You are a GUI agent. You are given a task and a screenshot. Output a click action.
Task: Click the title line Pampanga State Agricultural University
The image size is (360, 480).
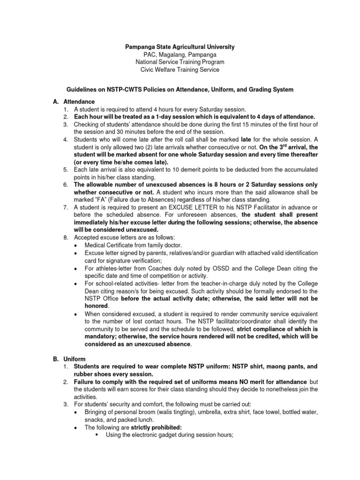tap(180, 47)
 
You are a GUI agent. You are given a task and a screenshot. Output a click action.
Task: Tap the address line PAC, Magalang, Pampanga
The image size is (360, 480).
tap(180, 55)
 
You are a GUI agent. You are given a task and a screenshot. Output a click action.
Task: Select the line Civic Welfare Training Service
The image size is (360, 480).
tap(180, 70)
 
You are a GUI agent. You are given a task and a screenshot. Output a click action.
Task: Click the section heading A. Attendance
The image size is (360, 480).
tap(74, 102)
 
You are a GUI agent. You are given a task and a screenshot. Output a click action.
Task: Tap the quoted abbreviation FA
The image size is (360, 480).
tap(95, 200)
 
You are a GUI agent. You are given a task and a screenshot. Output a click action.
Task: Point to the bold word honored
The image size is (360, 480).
tap(97, 306)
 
